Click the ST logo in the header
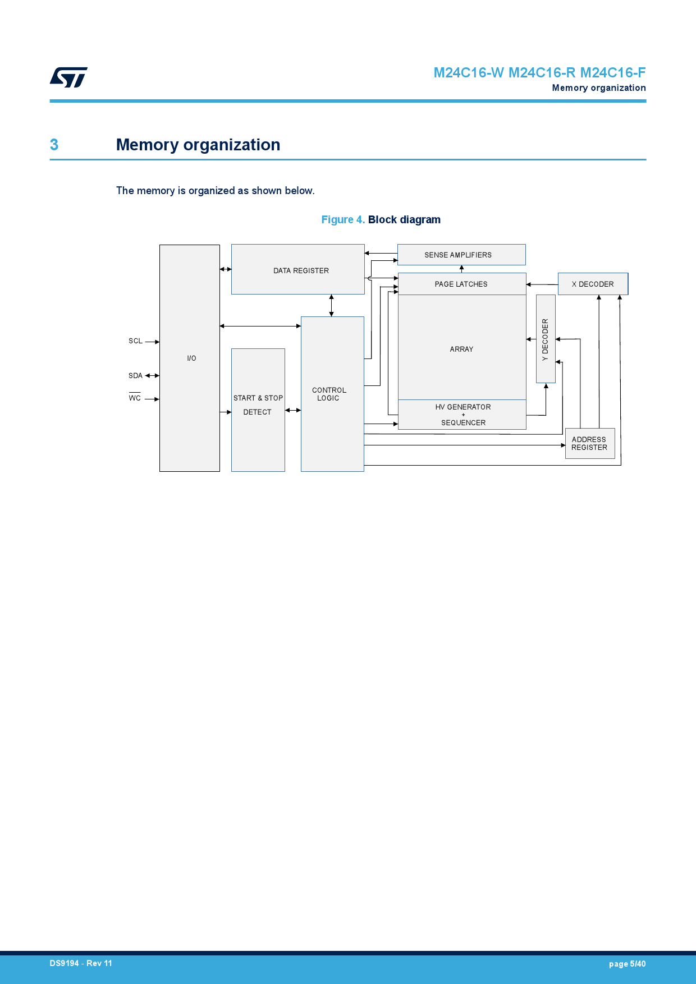68,77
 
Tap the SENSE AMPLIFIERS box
461,255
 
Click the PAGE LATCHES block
461,284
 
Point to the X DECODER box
593,284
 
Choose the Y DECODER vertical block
546,339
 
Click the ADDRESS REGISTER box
589,443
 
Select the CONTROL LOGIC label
329,394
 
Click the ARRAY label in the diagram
461,349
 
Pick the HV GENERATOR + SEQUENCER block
463,415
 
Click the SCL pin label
135,341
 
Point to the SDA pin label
135,376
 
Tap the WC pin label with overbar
135,398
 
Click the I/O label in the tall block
191,358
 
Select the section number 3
54,145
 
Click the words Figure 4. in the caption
343,220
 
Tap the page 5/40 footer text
627,964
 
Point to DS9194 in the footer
64,963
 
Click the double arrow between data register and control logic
332,305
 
